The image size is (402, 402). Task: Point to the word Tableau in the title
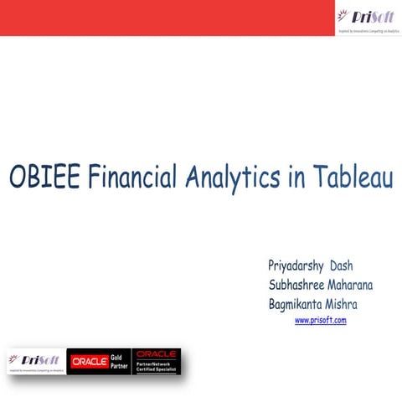pos(353,177)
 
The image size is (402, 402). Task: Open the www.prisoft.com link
pos(321,320)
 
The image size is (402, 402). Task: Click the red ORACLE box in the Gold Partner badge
pos(90,361)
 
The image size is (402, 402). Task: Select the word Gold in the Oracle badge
pos(119,356)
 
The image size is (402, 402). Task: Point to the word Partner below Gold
pos(119,366)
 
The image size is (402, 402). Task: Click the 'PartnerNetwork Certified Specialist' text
pos(157,366)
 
